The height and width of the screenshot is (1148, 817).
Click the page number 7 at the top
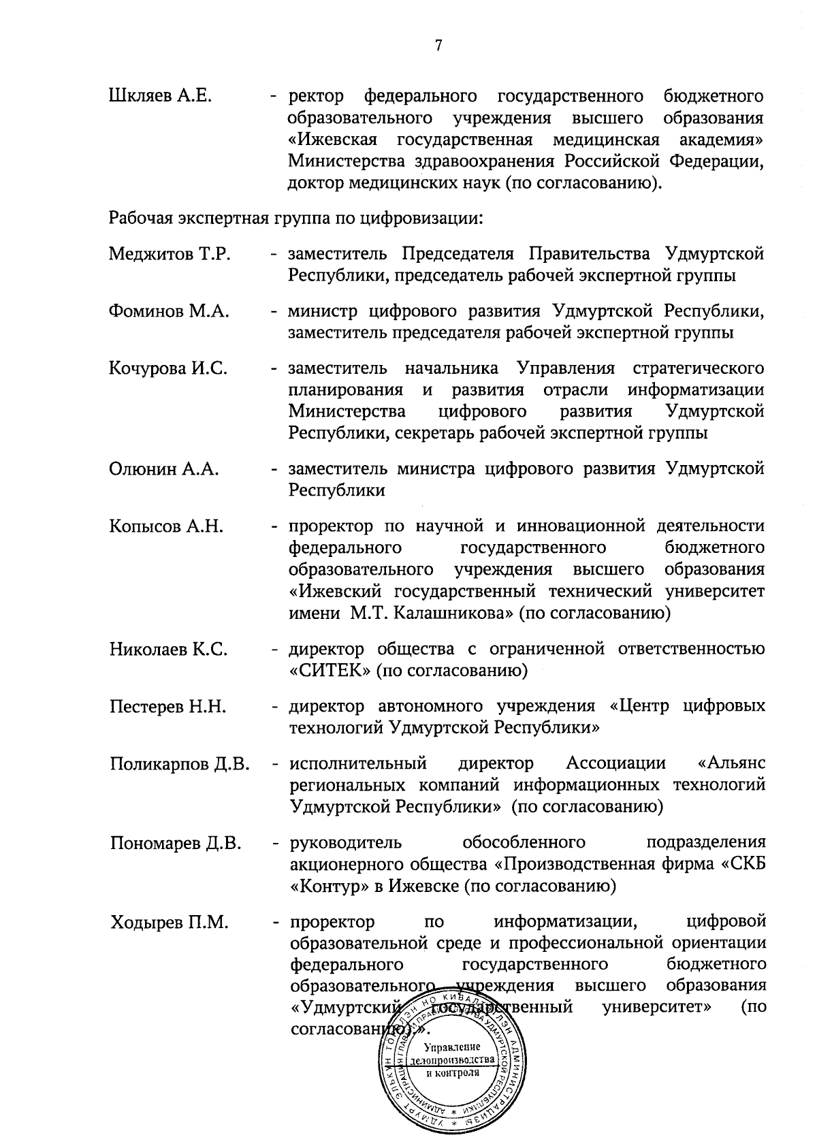pyautogui.click(x=438, y=46)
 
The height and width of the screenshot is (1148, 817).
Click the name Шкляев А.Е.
pyautogui.click(x=161, y=97)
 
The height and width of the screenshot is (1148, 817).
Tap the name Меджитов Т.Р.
pyautogui.click(x=170, y=255)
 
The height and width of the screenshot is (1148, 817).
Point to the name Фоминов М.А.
pyautogui.click(x=169, y=312)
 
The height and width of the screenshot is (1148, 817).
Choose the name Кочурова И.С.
pyautogui.click(x=168, y=369)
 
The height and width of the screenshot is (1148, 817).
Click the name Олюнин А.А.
pyautogui.click(x=163, y=469)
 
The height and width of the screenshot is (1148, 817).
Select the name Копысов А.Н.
pyautogui.click(x=166, y=526)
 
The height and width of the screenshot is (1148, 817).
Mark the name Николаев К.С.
pyautogui.click(x=168, y=650)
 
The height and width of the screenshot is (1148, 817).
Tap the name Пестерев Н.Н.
pyautogui.click(x=167, y=707)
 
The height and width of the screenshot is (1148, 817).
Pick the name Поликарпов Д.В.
pyautogui.click(x=180, y=764)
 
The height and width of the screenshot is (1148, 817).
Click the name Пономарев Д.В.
pyautogui.click(x=176, y=844)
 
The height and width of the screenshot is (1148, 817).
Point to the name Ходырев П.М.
pyautogui.click(x=169, y=923)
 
